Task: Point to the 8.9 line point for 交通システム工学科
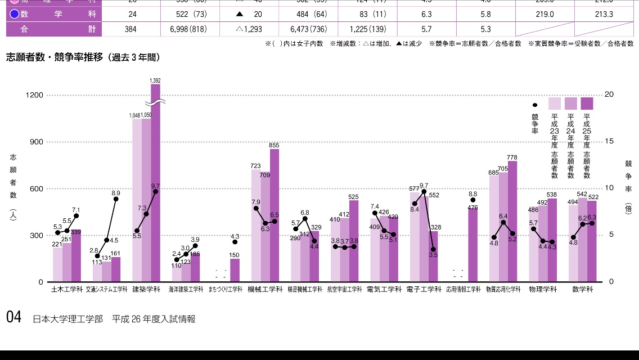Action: click(116, 199)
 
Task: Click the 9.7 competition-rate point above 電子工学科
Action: click(424, 191)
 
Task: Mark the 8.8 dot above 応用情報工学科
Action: click(473, 200)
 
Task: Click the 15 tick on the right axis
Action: click(609, 141)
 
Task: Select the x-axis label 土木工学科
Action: click(66, 289)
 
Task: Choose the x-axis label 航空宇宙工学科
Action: click(345, 289)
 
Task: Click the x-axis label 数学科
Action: click(582, 289)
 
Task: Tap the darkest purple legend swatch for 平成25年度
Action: click(587, 103)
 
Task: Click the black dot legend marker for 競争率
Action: click(535, 105)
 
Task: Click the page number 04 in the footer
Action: click(13, 317)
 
